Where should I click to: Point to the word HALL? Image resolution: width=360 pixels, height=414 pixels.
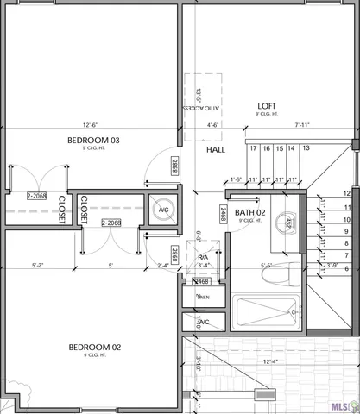[215, 150]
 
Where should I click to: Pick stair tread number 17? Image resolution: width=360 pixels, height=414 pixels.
[253, 149]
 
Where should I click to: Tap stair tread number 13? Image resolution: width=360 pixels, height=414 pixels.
[305, 149]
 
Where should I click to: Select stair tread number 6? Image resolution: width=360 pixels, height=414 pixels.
[346, 269]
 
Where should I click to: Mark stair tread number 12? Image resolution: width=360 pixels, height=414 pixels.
[346, 194]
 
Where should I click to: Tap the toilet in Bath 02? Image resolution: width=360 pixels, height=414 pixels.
[284, 274]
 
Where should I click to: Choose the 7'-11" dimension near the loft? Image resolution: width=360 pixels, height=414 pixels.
[300, 124]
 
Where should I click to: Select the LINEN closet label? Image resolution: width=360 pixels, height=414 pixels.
[204, 298]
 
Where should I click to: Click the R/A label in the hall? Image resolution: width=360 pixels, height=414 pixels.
[203, 257]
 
